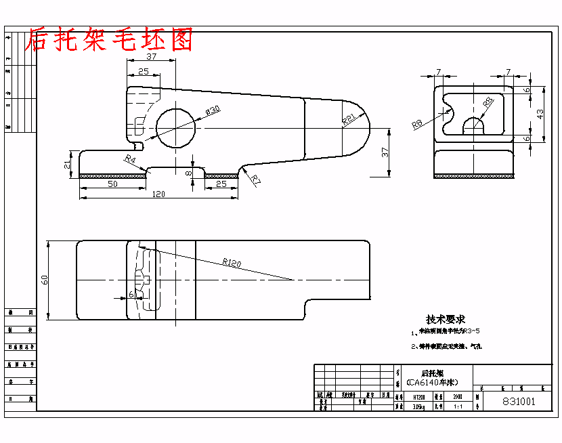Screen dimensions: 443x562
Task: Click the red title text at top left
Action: coord(109,41)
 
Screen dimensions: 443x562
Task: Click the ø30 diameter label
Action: coord(212,110)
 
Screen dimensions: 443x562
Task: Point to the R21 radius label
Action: coord(349,119)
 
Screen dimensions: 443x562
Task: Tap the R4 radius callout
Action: coord(131,159)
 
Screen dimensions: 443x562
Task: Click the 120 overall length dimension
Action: coord(158,194)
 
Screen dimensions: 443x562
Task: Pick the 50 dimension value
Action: coord(112,184)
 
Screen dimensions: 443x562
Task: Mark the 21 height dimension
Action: coord(67,165)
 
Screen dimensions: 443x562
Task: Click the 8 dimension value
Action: coord(190,173)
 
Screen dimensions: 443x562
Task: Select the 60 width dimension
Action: coord(45,279)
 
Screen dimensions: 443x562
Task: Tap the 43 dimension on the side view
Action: coord(540,114)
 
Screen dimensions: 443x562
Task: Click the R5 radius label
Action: coord(488,102)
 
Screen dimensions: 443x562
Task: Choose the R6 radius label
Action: coord(417,123)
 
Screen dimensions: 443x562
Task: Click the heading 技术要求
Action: coord(445,319)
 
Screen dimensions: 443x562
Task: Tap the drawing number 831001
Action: coord(518,401)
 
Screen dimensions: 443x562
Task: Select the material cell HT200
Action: coord(420,398)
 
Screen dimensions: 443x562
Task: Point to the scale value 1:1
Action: coord(458,406)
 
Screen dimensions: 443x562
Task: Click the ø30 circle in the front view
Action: coord(175,127)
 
